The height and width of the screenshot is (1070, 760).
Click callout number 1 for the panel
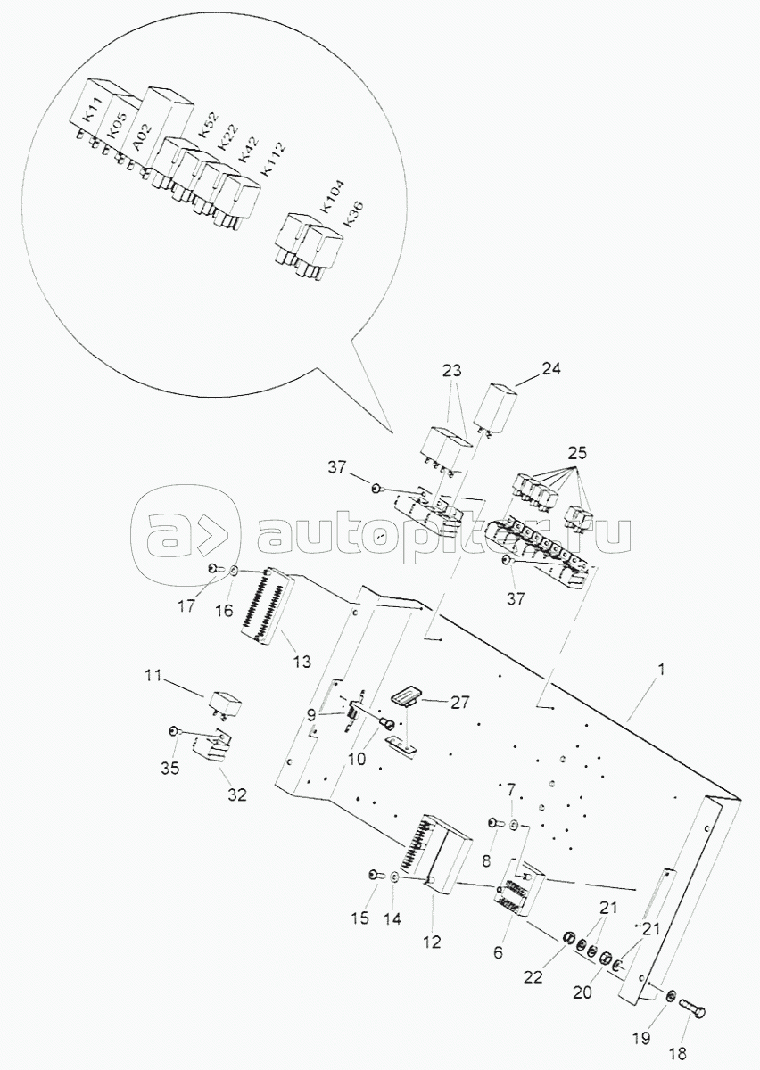coord(661,668)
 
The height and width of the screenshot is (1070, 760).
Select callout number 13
coord(302,661)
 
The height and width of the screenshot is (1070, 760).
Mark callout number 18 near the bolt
coord(678,1053)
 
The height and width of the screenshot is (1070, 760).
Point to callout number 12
coord(432,940)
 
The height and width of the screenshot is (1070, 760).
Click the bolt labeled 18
coord(694,1008)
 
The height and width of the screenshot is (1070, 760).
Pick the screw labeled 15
coord(373,876)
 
